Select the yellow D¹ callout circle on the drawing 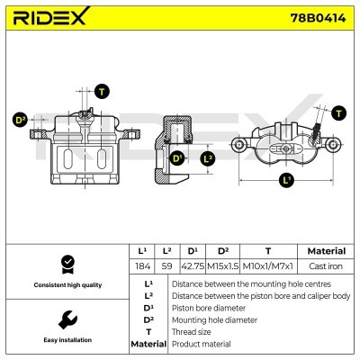(177, 158)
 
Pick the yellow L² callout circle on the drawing (208, 158)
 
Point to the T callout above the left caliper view (101, 92)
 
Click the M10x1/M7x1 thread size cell (267, 266)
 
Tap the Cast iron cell (326, 266)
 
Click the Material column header (326, 251)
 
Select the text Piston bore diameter (209, 307)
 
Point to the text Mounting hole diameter (213, 319)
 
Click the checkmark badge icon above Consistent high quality (65, 263)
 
